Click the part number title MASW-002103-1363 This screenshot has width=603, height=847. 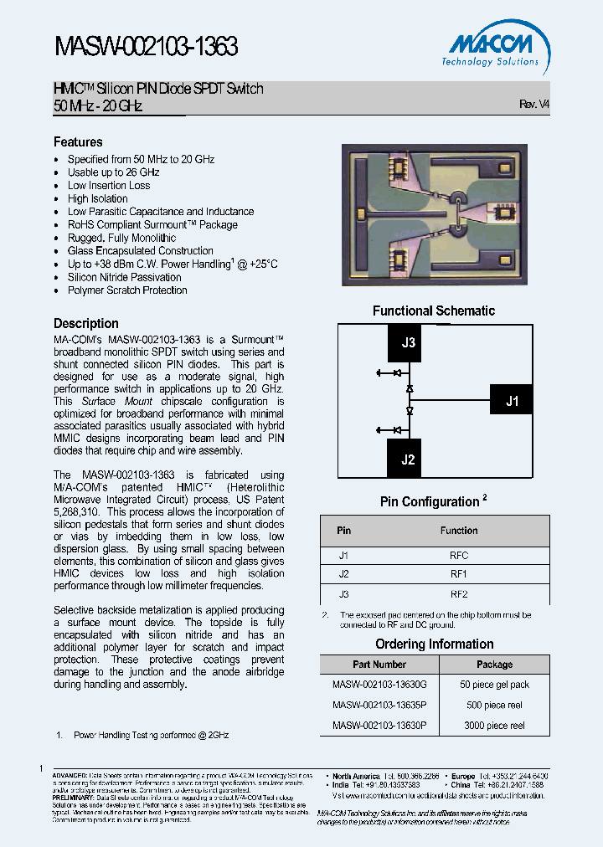click(147, 48)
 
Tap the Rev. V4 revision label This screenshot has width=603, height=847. click(534, 105)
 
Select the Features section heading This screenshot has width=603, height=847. click(78, 142)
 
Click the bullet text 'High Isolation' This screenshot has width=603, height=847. click(98, 198)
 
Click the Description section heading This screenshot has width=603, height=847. click(86, 323)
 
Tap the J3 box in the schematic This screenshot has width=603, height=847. click(408, 342)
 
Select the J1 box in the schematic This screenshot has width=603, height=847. click(512, 402)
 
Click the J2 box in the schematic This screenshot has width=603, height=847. click(408, 459)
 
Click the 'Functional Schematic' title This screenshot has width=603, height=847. click(434, 311)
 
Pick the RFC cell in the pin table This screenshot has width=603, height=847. click(459, 556)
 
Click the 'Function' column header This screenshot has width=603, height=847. click(459, 531)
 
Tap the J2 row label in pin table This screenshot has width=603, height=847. click(343, 574)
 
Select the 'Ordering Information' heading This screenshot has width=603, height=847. click(434, 644)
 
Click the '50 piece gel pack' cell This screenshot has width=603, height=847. click(494, 685)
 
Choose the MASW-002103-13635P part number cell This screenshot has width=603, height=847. click(379, 705)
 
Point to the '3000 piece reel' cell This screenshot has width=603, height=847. click(494, 726)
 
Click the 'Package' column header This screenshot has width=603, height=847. click(494, 665)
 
